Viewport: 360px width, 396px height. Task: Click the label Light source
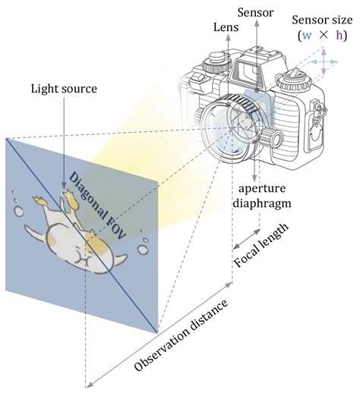point(64,89)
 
